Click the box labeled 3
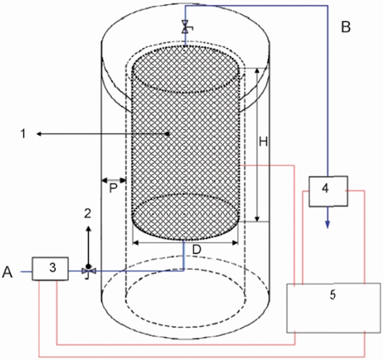(50, 269)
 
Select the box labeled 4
(328, 191)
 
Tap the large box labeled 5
(333, 308)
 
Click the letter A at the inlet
(7, 272)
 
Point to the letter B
(346, 27)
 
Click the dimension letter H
(263, 142)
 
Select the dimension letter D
(196, 249)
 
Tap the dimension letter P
(113, 189)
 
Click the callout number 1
(23, 134)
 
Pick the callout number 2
(88, 213)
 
